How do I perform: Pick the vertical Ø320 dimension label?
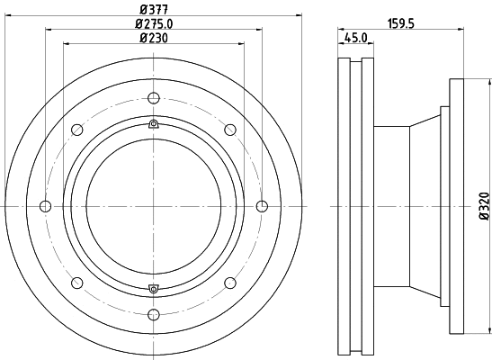[x=483, y=206]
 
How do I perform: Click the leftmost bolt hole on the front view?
[x=46, y=207]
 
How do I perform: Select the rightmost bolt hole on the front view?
[x=262, y=207]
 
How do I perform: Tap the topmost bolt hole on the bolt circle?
[x=154, y=99]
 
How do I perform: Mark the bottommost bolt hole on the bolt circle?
[x=154, y=314]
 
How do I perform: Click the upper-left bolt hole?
[x=78, y=130]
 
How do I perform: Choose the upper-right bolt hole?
[x=229, y=130]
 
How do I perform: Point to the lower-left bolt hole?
[x=78, y=283]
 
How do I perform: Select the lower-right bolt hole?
[x=229, y=283]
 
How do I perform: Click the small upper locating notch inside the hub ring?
[x=154, y=124]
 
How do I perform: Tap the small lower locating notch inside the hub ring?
[x=154, y=289]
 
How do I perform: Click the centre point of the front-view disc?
[x=154, y=207]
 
